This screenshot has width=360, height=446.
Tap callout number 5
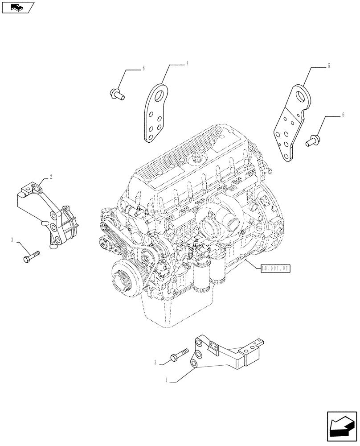tap(329, 66)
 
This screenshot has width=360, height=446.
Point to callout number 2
tap(51, 177)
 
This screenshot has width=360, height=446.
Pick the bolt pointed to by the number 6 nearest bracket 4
tap(117, 93)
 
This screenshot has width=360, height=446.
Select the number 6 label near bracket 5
tap(343, 115)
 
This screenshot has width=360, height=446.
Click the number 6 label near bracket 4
tap(143, 69)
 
